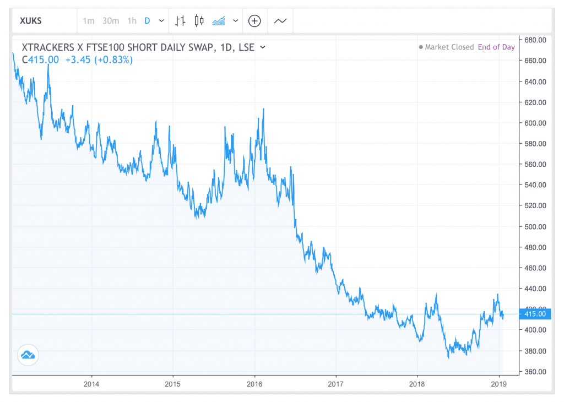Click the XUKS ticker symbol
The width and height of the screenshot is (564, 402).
click(30, 21)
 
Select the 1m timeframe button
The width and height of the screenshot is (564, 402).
click(89, 21)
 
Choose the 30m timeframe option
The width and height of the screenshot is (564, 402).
click(111, 21)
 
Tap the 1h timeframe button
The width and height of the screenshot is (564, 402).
click(132, 21)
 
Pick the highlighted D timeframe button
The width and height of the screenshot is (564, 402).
click(147, 21)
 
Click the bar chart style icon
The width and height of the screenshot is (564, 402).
click(180, 21)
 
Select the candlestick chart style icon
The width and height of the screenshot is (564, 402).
click(199, 21)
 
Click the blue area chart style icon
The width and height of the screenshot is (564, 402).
click(219, 21)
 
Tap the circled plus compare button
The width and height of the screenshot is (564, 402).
click(254, 21)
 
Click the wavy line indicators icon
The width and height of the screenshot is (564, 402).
click(280, 21)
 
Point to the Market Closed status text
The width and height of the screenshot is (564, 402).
click(449, 47)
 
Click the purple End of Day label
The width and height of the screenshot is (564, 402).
click(496, 47)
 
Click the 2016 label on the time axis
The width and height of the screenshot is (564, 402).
click(254, 383)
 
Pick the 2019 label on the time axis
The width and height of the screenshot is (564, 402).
click(498, 383)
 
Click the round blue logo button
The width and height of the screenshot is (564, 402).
click(28, 356)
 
